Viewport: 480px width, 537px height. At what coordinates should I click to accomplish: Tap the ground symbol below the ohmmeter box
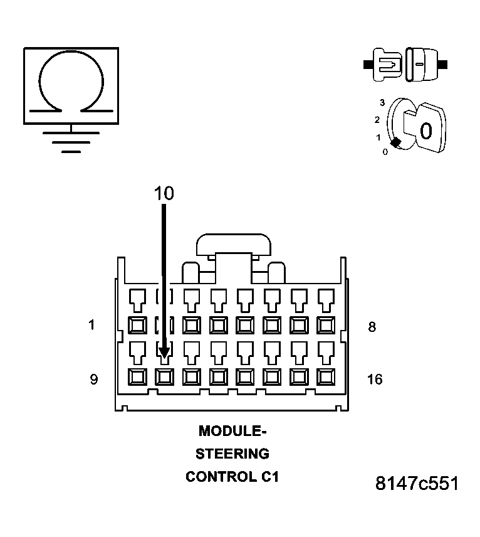[71, 142]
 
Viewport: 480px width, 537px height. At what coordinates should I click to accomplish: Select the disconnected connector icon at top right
[405, 64]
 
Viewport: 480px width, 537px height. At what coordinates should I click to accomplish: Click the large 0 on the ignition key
[425, 131]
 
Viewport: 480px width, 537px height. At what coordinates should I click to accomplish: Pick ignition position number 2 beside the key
[377, 119]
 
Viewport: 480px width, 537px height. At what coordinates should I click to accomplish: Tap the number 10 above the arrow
[164, 194]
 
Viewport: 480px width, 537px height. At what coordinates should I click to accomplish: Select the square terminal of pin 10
[164, 376]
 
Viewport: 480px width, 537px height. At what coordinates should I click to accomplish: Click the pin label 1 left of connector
[92, 326]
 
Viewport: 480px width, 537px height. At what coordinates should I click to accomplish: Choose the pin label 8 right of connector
[372, 326]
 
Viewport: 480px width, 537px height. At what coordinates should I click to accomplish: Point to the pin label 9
[93, 380]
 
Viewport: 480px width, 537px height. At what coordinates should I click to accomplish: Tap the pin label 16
[374, 380]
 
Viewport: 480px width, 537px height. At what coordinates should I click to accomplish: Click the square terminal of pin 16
[326, 376]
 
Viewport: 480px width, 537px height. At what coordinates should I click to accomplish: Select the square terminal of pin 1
[137, 325]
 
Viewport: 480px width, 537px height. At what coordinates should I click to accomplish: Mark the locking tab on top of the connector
[233, 245]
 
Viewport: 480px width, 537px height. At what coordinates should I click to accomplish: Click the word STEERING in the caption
[232, 454]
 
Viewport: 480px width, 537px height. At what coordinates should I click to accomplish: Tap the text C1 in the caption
[268, 477]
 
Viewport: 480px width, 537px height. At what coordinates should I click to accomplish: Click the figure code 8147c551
[417, 484]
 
